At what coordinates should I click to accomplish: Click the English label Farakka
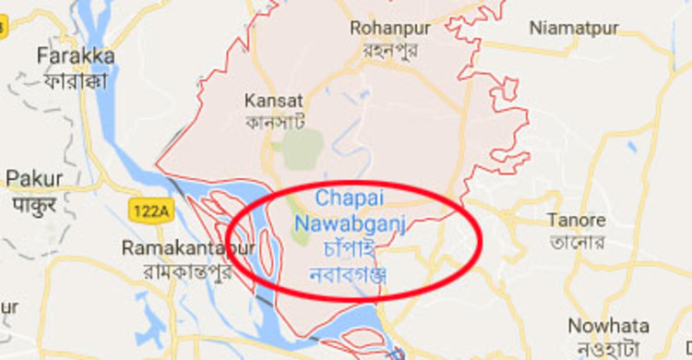(76, 56)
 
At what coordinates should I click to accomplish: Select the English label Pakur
(34, 177)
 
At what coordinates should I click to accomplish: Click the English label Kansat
(274, 100)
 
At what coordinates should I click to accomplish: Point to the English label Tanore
(576, 221)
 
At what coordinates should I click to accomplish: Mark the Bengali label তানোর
(576, 243)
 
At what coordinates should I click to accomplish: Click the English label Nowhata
(608, 326)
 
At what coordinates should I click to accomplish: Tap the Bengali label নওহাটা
(608, 348)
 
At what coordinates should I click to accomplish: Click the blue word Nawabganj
(350, 222)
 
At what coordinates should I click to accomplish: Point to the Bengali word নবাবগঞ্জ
(348, 274)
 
